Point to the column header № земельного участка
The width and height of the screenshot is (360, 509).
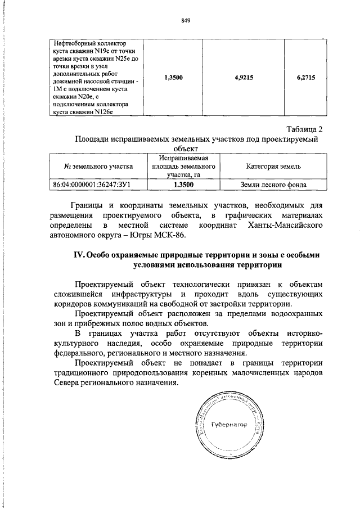point(98,167)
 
